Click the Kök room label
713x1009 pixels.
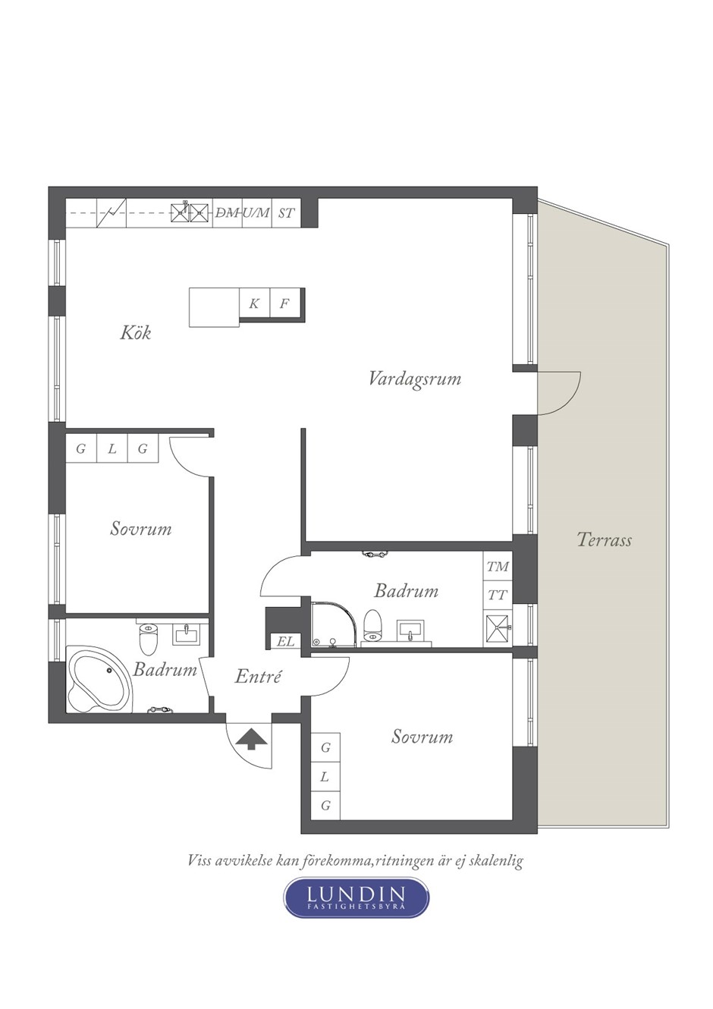coord(136,332)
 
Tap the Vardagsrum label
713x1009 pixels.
coord(414,378)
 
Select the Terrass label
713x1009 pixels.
coord(604,540)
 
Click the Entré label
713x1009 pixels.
coord(258,676)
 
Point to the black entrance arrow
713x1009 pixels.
coord(250,738)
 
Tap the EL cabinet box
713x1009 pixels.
coord(285,641)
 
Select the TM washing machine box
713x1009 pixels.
coord(498,567)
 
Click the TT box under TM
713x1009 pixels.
coord(498,596)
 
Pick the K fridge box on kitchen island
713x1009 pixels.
coord(254,303)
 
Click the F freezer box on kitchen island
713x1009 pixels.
coord(284,303)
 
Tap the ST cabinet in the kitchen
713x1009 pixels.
coord(286,213)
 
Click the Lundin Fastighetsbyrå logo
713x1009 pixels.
coord(356,897)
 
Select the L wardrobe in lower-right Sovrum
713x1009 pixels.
coord(325,776)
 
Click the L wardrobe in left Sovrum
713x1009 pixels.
coord(112,448)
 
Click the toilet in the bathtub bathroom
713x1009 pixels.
coord(148,640)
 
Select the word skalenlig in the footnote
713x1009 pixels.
coord(496,860)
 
